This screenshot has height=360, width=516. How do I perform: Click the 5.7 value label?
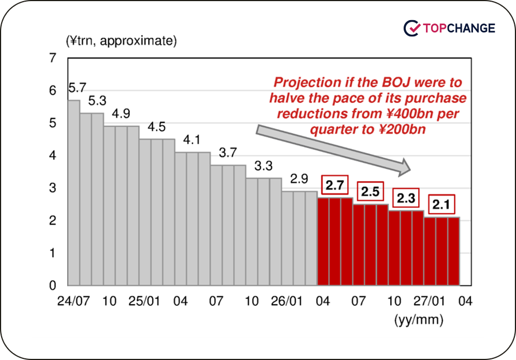pyautogui.click(x=77, y=88)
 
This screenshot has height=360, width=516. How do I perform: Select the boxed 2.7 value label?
pyautogui.click(x=334, y=186)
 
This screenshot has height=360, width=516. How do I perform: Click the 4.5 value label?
pyautogui.click(x=157, y=127)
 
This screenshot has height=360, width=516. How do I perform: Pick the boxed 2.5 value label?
pyautogui.click(x=370, y=192)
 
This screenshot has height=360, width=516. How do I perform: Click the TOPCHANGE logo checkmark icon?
pyautogui.click(x=412, y=27)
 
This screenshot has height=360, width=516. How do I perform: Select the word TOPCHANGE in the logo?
pyautogui.click(x=460, y=27)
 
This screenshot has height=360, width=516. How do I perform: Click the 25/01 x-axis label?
pyautogui.click(x=144, y=301)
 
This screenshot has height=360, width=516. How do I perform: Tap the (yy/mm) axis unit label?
pyautogui.click(x=419, y=320)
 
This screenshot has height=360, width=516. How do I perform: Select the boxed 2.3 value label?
pyautogui.click(x=406, y=199)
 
